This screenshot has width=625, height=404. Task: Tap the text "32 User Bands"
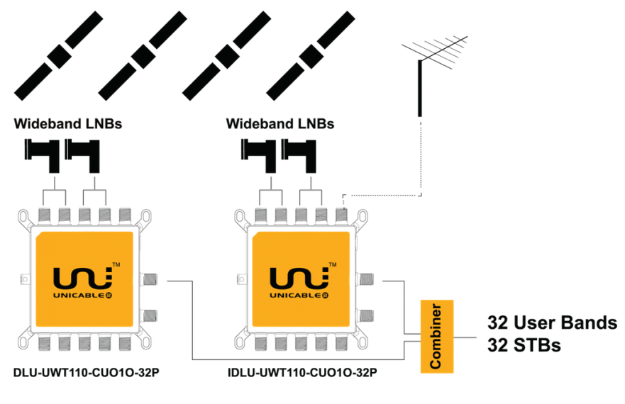[x=552, y=322]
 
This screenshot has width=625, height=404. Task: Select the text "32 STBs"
[x=524, y=346]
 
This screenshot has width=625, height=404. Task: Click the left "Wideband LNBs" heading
[x=68, y=124]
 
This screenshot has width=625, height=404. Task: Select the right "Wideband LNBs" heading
[x=280, y=124]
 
